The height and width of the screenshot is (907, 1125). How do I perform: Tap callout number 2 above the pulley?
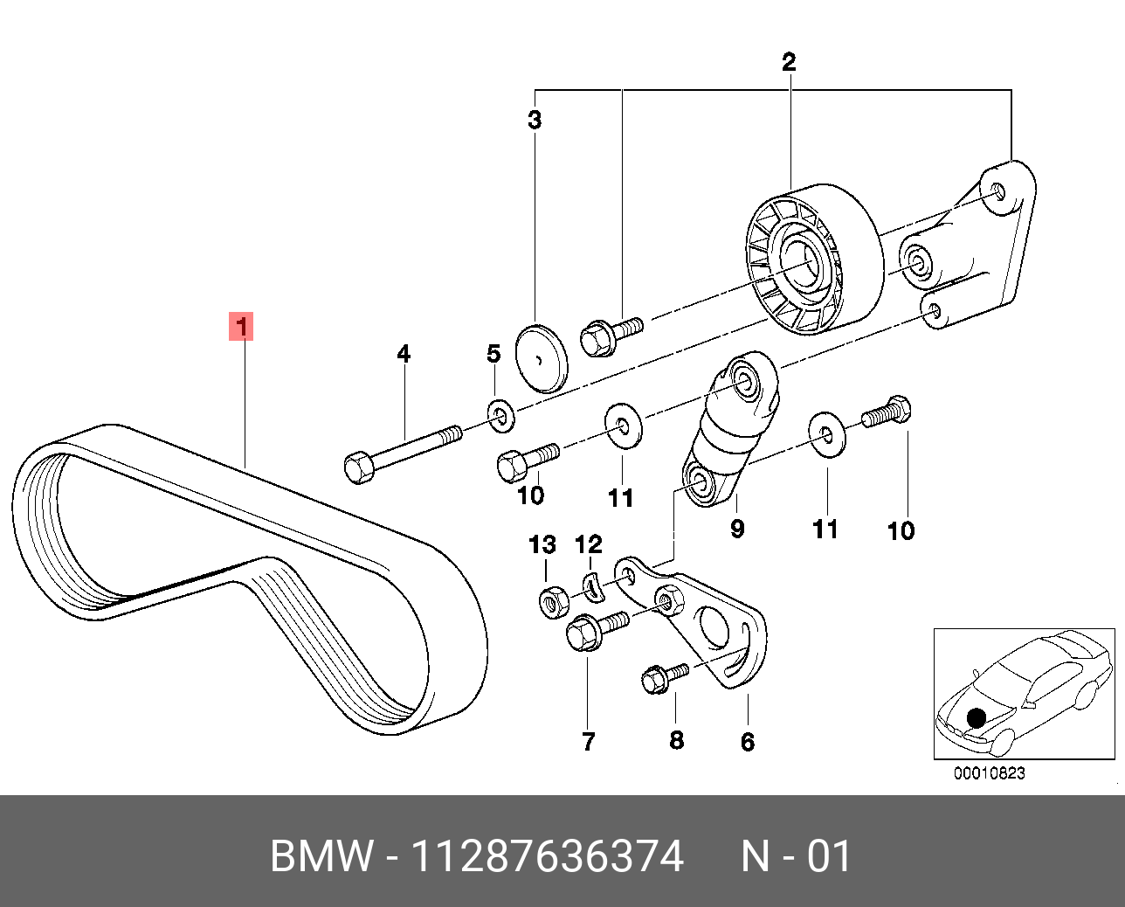[789, 62]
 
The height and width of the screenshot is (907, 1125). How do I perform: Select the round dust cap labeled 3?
[541, 358]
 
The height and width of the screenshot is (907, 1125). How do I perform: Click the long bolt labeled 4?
[402, 449]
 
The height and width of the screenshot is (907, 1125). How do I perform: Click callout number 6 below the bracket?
[748, 742]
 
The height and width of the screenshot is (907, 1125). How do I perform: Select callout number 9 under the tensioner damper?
[737, 528]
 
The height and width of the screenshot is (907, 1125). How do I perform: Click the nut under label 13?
[552, 602]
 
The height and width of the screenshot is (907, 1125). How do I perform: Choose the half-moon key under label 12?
[593, 588]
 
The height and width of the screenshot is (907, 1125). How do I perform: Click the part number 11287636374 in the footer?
[547, 856]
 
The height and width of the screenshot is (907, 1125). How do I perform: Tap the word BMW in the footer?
[321, 856]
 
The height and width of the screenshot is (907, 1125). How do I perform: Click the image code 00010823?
[989, 772]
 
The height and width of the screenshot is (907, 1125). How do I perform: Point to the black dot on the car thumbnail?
[977, 718]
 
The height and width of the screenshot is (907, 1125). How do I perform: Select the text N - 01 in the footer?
[796, 856]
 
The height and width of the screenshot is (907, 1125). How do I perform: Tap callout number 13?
[542, 545]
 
